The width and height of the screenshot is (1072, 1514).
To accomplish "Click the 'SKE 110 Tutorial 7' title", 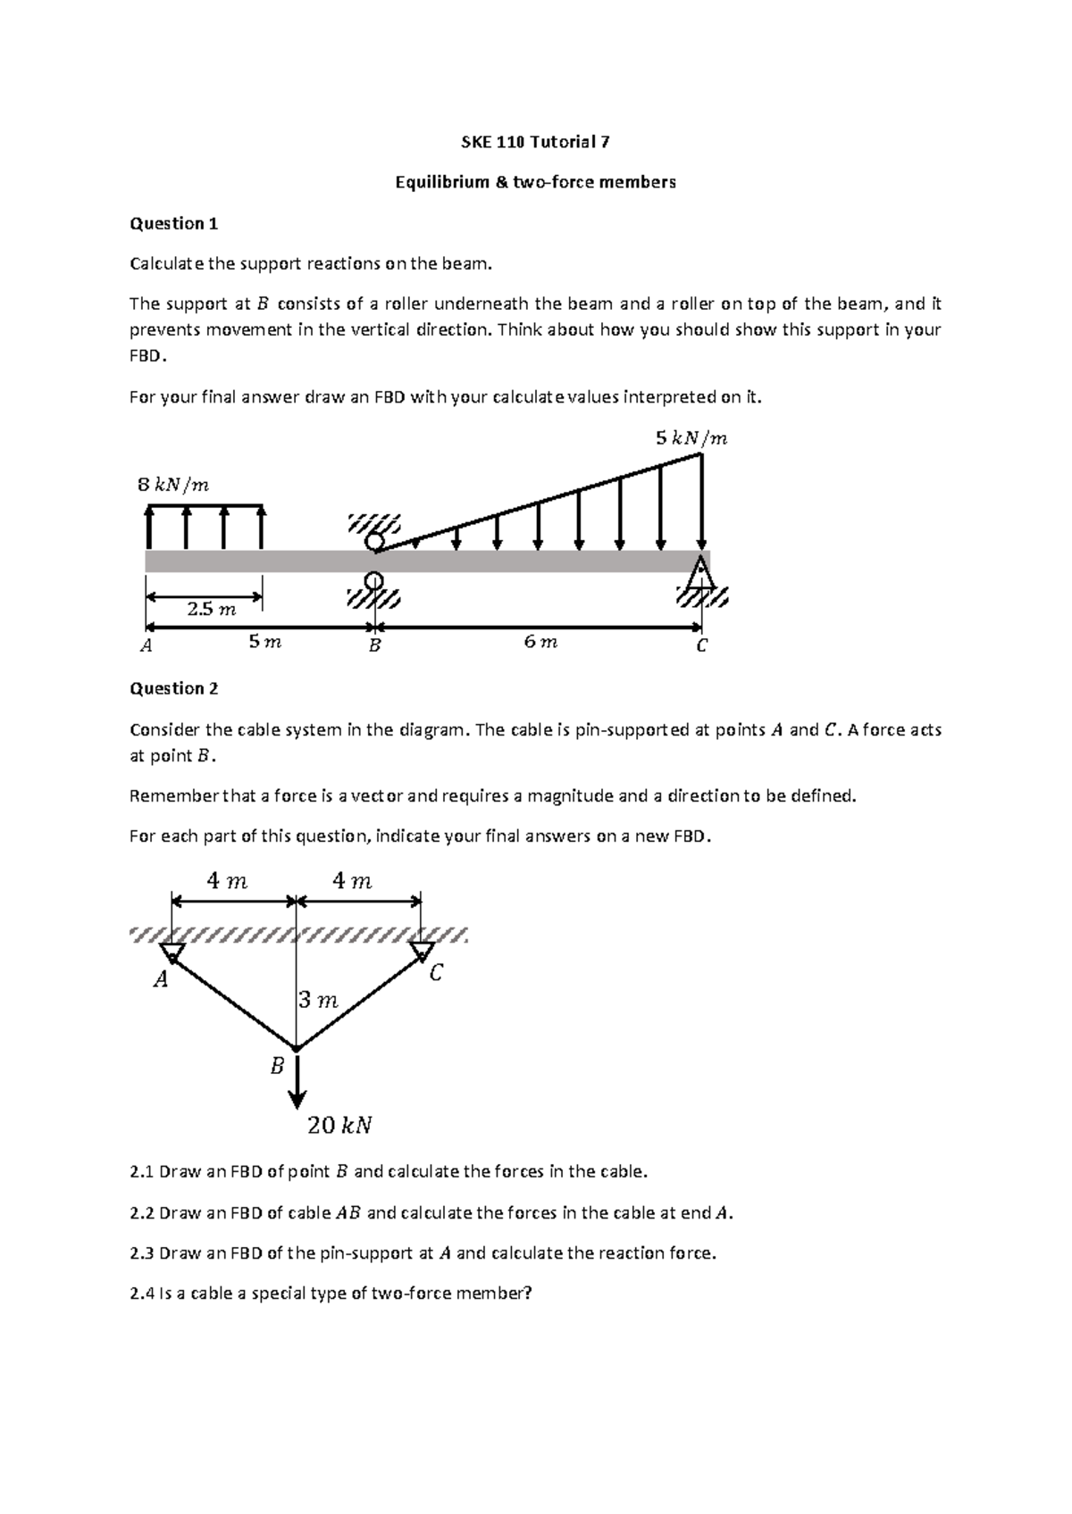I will [x=536, y=142].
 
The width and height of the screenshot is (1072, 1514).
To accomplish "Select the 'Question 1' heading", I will [x=173, y=224].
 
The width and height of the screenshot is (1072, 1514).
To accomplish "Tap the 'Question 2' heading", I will [x=173, y=688].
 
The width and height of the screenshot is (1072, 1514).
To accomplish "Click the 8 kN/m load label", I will [x=173, y=486].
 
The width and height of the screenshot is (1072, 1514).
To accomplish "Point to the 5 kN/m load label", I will [x=691, y=438].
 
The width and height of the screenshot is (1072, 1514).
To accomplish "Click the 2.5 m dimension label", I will [x=212, y=610].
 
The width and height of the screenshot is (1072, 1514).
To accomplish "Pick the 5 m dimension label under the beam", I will [x=264, y=642].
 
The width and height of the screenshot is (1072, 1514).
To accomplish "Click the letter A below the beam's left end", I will [x=147, y=645].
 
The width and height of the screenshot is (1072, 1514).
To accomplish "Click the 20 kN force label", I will [x=339, y=1126].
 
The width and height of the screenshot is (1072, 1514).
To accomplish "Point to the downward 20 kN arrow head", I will [x=297, y=1099].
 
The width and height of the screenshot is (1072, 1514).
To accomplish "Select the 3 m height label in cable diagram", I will [x=318, y=1001].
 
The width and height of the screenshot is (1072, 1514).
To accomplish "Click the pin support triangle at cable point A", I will [x=172, y=953].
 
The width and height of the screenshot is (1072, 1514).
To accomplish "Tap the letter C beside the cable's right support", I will [x=435, y=973].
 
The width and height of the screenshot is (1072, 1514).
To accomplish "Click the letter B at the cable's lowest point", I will [x=277, y=1066].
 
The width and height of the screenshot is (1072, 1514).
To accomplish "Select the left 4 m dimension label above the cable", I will [x=227, y=881].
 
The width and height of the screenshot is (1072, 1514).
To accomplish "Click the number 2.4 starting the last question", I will [x=142, y=1294].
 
